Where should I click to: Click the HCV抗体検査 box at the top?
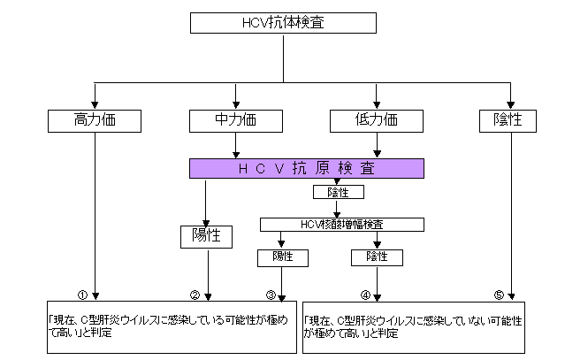pyautogui.click(x=282, y=23)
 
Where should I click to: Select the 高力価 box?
pyautogui.click(x=94, y=119)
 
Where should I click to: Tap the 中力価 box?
pyautogui.click(x=235, y=119)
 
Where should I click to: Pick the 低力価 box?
pyautogui.click(x=378, y=119)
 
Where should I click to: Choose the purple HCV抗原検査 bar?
pyautogui.click(x=307, y=167)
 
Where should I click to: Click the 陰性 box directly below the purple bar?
pyautogui.click(x=337, y=191)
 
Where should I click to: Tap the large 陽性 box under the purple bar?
pyautogui.click(x=206, y=236)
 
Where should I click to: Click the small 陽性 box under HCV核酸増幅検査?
pyautogui.click(x=282, y=257)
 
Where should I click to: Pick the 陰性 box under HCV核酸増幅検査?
pyautogui.click(x=378, y=257)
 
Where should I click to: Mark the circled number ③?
pyautogui.click(x=271, y=295)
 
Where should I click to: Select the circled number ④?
pyautogui.click(x=364, y=295)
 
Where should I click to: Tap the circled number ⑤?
pyautogui.click(x=499, y=295)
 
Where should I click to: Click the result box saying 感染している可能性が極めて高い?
pyautogui.click(x=169, y=327)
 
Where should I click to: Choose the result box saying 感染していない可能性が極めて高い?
pyautogui.click(x=421, y=327)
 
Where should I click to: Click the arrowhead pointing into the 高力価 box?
pyautogui.click(x=94, y=102)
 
